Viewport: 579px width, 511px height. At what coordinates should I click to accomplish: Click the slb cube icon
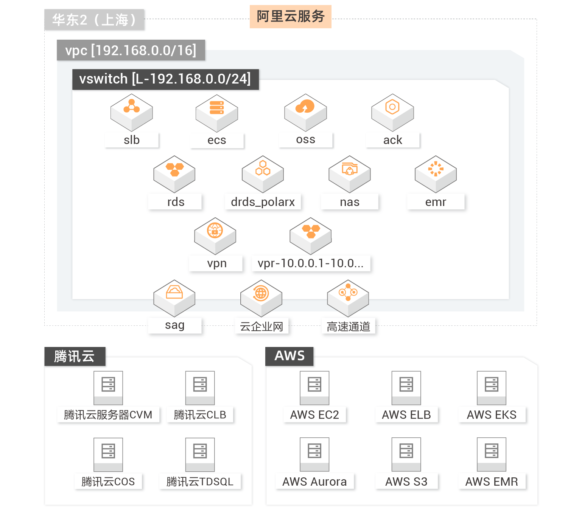tap(132, 112)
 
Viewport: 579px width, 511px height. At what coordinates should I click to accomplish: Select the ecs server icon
tap(217, 112)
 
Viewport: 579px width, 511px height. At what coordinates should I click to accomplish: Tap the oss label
tap(306, 140)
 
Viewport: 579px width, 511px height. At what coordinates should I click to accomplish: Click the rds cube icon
tap(174, 173)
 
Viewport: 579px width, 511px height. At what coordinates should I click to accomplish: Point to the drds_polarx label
tap(263, 202)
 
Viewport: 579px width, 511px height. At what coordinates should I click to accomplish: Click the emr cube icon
tap(436, 173)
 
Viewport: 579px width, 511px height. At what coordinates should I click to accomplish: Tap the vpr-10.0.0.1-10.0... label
tap(311, 263)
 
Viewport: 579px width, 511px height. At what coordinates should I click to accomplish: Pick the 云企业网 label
tap(261, 326)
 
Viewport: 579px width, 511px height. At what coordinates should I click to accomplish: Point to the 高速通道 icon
tap(348, 297)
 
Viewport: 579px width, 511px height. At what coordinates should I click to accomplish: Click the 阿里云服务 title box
tap(290, 17)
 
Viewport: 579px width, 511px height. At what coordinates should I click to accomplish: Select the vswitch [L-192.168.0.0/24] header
tap(165, 79)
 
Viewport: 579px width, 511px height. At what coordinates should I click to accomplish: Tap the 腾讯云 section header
tap(75, 356)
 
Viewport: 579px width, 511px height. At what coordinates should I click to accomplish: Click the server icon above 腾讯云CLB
tap(200, 387)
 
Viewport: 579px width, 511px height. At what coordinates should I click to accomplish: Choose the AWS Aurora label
tap(314, 482)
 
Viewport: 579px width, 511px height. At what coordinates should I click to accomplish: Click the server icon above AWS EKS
tap(491, 387)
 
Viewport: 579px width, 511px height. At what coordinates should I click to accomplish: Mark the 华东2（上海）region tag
tap(94, 20)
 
